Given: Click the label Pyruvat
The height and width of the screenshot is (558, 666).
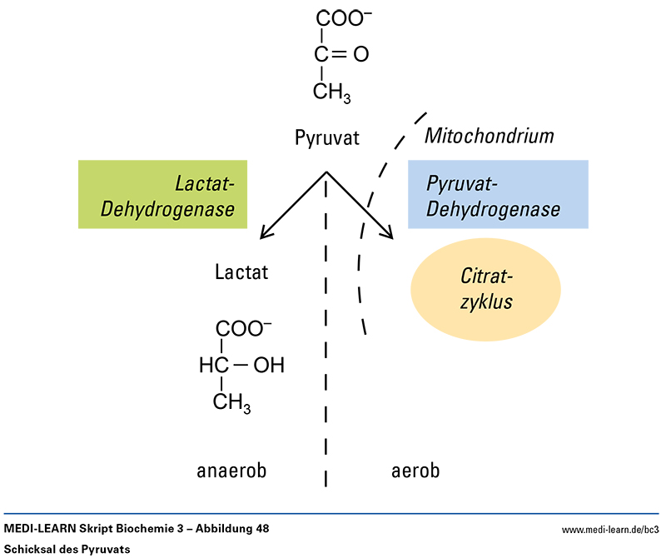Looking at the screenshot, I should (327, 137).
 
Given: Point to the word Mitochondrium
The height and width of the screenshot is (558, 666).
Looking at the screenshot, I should (490, 135).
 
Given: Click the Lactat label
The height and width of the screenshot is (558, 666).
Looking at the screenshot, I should (241, 272).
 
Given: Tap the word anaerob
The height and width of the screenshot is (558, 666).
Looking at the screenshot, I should (231, 471).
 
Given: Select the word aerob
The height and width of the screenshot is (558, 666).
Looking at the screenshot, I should (415, 471).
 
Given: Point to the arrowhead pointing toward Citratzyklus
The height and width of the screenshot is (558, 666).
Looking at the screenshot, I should (386, 233).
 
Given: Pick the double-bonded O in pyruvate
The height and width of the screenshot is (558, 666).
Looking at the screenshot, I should (360, 56).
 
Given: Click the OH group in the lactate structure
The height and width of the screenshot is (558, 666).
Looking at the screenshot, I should (269, 365).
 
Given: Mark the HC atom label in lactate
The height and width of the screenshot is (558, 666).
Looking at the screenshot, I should (213, 365).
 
